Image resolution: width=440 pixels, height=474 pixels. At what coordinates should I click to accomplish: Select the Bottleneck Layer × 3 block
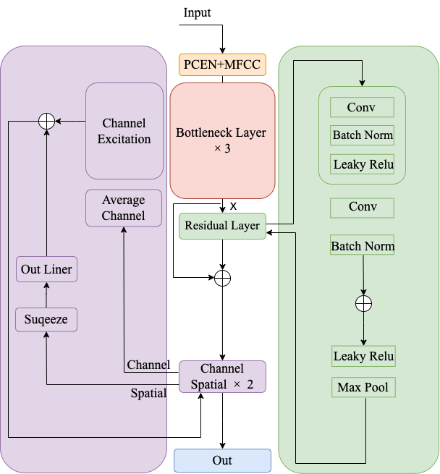[222, 140]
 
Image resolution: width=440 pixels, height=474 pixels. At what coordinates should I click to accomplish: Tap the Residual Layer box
[222, 226]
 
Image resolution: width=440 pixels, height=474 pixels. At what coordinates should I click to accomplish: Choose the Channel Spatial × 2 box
[222, 377]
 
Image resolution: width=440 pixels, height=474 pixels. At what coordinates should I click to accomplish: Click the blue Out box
[222, 461]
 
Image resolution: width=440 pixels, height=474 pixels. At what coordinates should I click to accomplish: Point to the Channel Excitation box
[124, 131]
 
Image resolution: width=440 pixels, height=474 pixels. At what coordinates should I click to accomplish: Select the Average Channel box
[124, 208]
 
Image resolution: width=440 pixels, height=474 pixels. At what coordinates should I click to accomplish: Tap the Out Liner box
[46, 270]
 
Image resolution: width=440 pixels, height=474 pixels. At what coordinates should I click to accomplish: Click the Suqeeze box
[46, 318]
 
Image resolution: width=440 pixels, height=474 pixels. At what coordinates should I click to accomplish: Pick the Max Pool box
[363, 387]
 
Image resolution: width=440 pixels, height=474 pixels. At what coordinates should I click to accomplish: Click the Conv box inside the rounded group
[362, 108]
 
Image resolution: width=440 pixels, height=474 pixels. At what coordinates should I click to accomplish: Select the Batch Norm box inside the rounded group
[362, 135]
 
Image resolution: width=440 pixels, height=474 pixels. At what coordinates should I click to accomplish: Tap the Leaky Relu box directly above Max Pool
[363, 356]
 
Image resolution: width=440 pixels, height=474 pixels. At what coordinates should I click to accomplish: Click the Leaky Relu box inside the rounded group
[362, 164]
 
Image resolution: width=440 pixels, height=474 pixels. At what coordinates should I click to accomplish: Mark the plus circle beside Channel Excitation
[46, 122]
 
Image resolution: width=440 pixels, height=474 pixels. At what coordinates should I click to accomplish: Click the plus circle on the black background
[222, 278]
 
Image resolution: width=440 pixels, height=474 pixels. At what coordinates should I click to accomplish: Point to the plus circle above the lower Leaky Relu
[363, 303]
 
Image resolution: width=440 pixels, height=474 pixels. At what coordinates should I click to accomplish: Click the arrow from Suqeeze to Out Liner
[46, 295]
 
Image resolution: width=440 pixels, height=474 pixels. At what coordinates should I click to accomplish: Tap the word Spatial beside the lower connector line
[148, 394]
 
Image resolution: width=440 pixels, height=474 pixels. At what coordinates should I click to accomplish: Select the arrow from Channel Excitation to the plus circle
[70, 122]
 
